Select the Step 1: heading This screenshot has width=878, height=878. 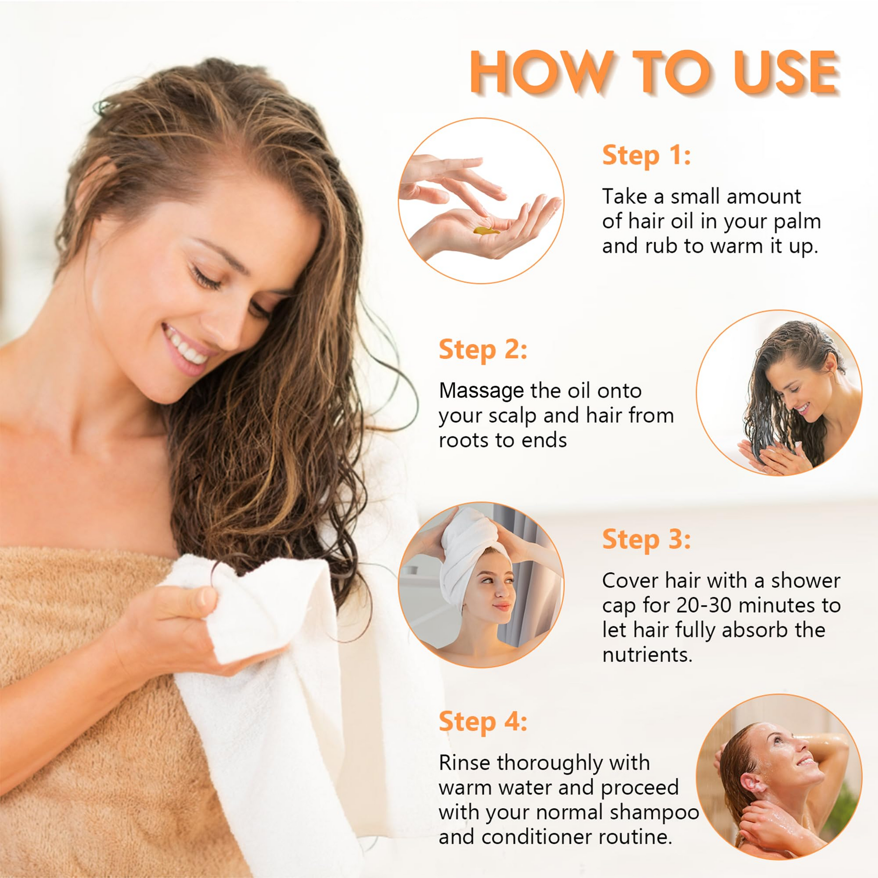point(646,155)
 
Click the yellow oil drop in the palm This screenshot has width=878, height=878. point(486,231)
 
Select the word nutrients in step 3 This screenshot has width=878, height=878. point(647,655)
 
